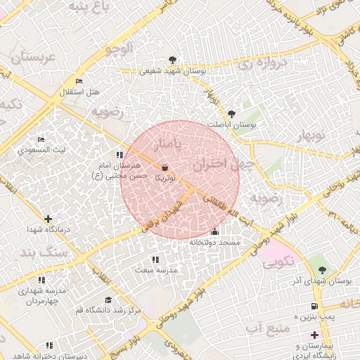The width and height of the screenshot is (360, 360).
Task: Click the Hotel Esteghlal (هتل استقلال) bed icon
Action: [78, 82]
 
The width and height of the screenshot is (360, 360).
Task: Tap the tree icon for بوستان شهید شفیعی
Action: [173, 60]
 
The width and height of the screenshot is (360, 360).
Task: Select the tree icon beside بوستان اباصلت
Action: [231, 112]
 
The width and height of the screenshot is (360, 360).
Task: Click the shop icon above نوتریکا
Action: [165, 168]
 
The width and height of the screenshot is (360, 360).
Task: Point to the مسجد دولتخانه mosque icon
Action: [214, 232]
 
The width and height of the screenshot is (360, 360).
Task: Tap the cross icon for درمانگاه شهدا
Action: [48, 219]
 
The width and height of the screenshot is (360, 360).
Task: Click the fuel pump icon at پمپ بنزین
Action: [314, 306]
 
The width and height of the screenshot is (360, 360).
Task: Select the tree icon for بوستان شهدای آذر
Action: [322, 269]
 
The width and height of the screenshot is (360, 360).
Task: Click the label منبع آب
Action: [268, 328]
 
